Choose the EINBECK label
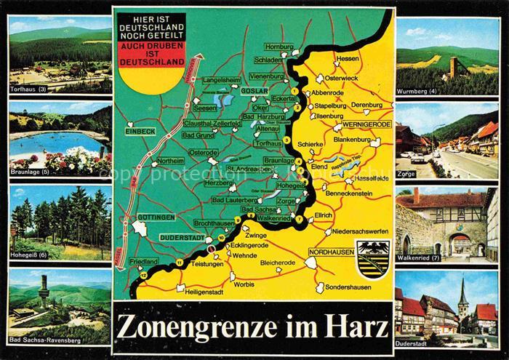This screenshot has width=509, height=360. (139, 131)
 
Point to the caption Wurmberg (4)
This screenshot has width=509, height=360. (418, 92)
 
